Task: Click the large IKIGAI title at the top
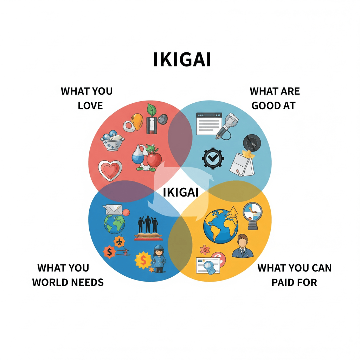pyautogui.click(x=182, y=59)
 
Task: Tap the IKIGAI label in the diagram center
pyautogui.click(x=180, y=192)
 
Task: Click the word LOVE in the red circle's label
pyautogui.click(x=90, y=105)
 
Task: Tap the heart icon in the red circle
pyautogui.click(x=110, y=170)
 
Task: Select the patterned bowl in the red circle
pyautogui.click(x=112, y=141)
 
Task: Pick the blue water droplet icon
pyautogui.click(x=138, y=155)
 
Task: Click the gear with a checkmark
pyautogui.click(x=213, y=158)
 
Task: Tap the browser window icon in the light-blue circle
pyautogui.click(x=209, y=123)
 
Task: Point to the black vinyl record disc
pyautogui.click(x=252, y=143)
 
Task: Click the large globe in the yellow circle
pyautogui.click(x=221, y=226)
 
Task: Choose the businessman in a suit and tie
pyautogui.click(x=243, y=246)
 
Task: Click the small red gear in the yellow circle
pyautogui.click(x=205, y=250)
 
